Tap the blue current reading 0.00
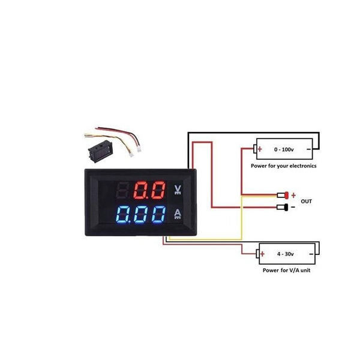141,215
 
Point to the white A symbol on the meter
178,214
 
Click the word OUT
307,201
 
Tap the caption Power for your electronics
284,165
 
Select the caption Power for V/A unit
286,271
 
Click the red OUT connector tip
286,194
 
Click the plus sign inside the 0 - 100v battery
260,148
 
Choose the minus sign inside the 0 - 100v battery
309,148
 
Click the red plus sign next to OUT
293,195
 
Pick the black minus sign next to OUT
293,208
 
